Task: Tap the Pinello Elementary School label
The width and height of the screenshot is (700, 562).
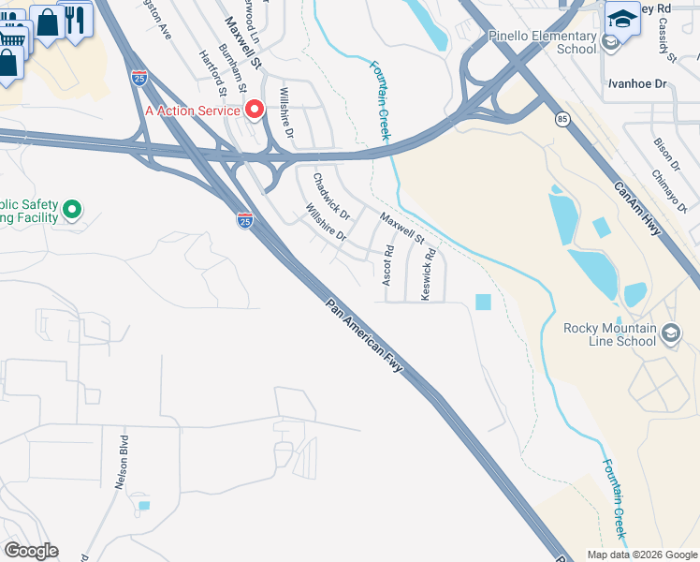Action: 542,42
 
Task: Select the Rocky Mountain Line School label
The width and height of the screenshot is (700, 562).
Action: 609,334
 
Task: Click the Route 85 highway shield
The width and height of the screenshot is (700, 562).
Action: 561,119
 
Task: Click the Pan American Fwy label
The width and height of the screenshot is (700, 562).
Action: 364,336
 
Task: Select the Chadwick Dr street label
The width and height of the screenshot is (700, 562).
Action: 330,191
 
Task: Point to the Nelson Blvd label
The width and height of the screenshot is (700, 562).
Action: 123,462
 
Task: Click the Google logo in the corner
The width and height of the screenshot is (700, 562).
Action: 31,551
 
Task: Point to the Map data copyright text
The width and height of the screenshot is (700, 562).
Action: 641,555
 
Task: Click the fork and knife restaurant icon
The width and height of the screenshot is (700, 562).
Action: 76,18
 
